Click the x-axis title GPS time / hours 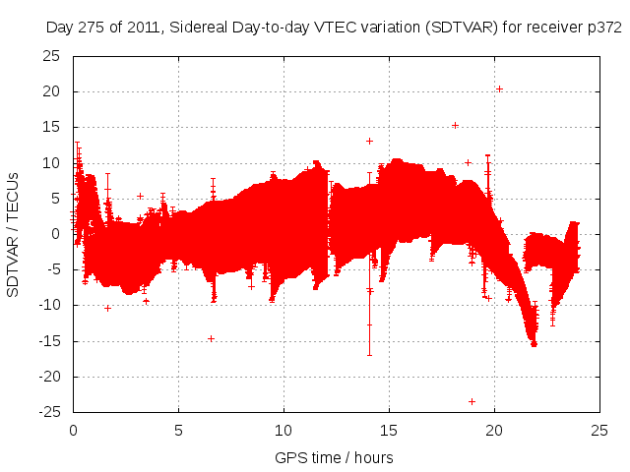[335, 457]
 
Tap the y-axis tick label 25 [51, 56]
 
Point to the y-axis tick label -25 [48, 412]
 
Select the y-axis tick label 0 [55, 234]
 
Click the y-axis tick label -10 [48, 305]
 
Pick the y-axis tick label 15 [51, 127]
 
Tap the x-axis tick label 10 [283, 430]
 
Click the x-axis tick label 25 [599, 430]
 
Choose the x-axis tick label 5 [178, 430]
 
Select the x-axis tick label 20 [494, 430]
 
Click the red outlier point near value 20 [499, 88]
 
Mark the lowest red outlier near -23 [472, 401]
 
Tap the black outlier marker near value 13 [369, 141]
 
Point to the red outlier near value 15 [455, 125]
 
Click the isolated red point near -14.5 [211, 338]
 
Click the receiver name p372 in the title [602, 29]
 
